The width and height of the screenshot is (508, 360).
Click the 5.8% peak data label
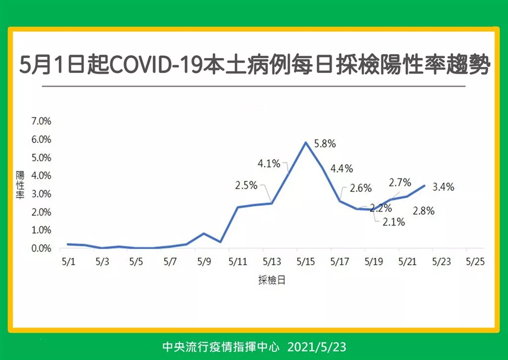point(325,144)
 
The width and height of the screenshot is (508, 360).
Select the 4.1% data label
point(269,163)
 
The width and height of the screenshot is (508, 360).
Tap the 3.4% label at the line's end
point(444,187)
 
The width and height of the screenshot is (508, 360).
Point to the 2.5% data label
point(246,186)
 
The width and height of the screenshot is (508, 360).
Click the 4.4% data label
point(342,169)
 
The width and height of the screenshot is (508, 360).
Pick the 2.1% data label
point(393,222)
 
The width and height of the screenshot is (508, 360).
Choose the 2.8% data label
point(424,211)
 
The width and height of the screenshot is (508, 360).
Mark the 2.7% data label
point(400,183)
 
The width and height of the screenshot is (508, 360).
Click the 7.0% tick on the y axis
point(41,121)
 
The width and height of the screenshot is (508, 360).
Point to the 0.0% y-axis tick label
point(41,248)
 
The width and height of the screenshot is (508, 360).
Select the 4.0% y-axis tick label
point(41,176)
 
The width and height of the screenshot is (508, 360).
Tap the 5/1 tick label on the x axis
point(68,261)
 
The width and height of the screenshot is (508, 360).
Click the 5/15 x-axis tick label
point(306,261)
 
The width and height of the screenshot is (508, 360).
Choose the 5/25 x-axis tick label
point(475,261)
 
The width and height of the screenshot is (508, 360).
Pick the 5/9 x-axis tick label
point(204,261)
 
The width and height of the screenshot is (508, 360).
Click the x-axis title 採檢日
point(272,280)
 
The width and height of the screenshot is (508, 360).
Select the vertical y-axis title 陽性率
point(20,185)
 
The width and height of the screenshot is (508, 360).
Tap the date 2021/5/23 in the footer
point(317,347)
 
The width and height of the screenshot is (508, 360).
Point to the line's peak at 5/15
point(306,142)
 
